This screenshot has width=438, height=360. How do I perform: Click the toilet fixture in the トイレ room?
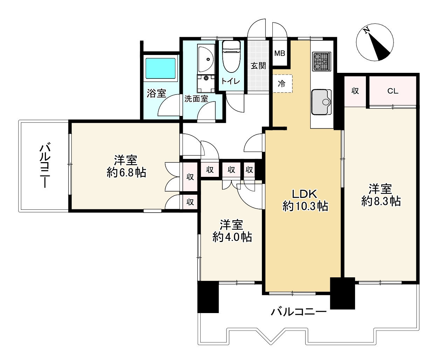click(x=231, y=56)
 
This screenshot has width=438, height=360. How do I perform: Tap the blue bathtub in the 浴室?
click(x=160, y=68)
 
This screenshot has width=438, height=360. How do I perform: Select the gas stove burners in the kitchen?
click(x=321, y=62)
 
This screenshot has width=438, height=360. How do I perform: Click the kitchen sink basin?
click(x=321, y=102)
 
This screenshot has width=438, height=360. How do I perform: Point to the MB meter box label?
click(x=279, y=53)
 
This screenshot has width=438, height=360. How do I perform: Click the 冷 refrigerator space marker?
click(x=282, y=84)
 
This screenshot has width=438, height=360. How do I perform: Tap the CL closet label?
click(x=393, y=91)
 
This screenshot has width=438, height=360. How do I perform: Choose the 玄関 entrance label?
click(x=258, y=66)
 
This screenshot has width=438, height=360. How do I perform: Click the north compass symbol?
click(x=375, y=42)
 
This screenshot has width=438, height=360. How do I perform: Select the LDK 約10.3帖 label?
click(x=305, y=200)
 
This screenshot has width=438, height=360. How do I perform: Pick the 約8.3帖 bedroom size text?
click(x=381, y=201)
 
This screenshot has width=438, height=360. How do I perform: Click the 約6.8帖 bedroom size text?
click(x=126, y=172)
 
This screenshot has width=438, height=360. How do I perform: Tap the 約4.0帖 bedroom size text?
click(x=232, y=237)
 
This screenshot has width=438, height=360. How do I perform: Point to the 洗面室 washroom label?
click(x=196, y=99)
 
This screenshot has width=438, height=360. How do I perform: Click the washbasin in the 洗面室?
click(x=206, y=59)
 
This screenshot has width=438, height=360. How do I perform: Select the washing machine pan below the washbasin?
click(x=206, y=84)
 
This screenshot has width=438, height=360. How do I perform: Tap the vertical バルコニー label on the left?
click(x=45, y=165)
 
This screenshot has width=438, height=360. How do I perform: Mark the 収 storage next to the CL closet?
click(x=355, y=91)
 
